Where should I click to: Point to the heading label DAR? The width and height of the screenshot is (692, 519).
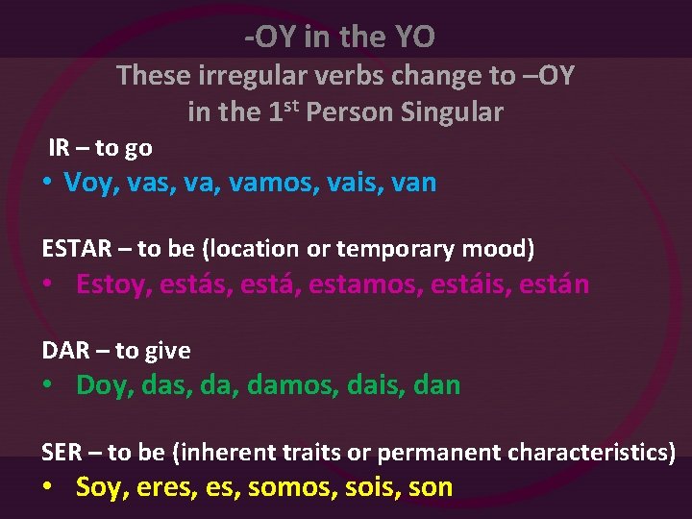tap(65, 351)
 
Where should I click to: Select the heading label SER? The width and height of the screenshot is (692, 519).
tap(61, 452)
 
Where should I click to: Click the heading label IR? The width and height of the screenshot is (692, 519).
tap(59, 148)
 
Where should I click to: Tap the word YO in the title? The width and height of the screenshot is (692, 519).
tap(414, 37)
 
